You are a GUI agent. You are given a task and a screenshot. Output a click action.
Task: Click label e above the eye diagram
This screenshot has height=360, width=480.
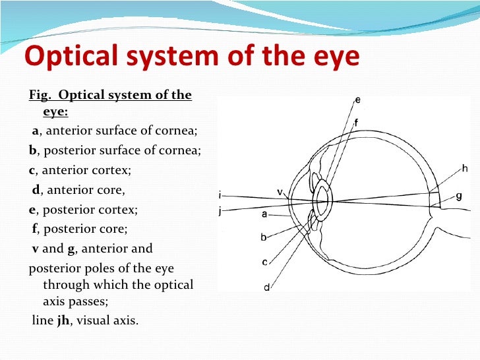pos(357,100)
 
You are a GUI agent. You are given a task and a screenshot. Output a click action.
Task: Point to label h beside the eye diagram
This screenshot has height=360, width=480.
pos(465,168)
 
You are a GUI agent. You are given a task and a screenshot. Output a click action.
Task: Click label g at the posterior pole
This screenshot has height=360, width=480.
pos(458,196)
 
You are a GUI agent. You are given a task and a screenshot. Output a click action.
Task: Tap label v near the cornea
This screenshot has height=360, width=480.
pos(280,193)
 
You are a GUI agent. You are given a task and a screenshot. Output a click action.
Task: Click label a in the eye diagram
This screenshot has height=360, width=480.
pos(264,214)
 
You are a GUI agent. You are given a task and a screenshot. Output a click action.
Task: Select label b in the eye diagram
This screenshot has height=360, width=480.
pos(264,237)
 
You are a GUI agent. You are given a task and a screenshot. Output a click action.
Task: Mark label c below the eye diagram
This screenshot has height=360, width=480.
pos(264,262)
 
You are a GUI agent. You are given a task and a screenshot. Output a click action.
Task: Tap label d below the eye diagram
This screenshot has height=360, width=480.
pos(267,287)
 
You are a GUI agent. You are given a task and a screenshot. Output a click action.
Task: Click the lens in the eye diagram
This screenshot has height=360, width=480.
pos(322,200)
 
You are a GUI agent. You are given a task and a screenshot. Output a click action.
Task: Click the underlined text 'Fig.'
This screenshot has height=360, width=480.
pos(39,96)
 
